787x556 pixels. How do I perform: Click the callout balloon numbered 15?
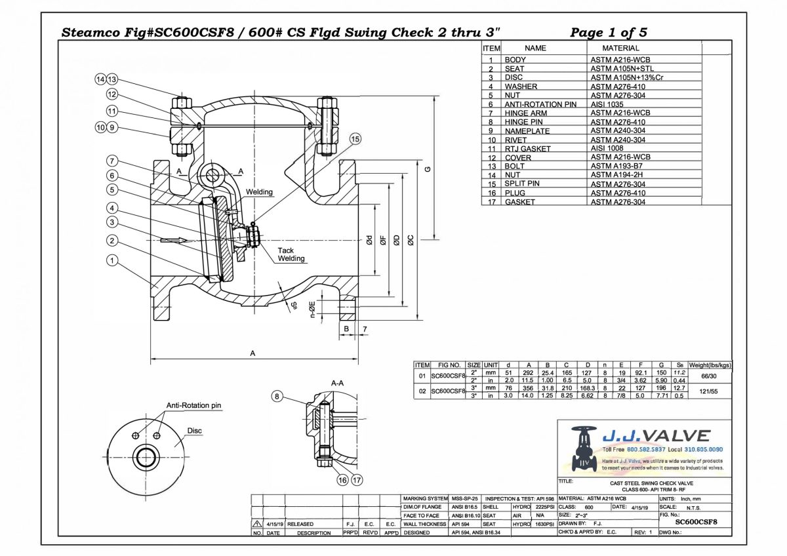(355, 139)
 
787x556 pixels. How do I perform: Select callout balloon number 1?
(113, 260)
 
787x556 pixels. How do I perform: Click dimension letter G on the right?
(428, 169)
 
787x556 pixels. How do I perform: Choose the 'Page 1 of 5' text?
(609, 32)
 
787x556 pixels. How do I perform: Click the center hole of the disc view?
(144, 456)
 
